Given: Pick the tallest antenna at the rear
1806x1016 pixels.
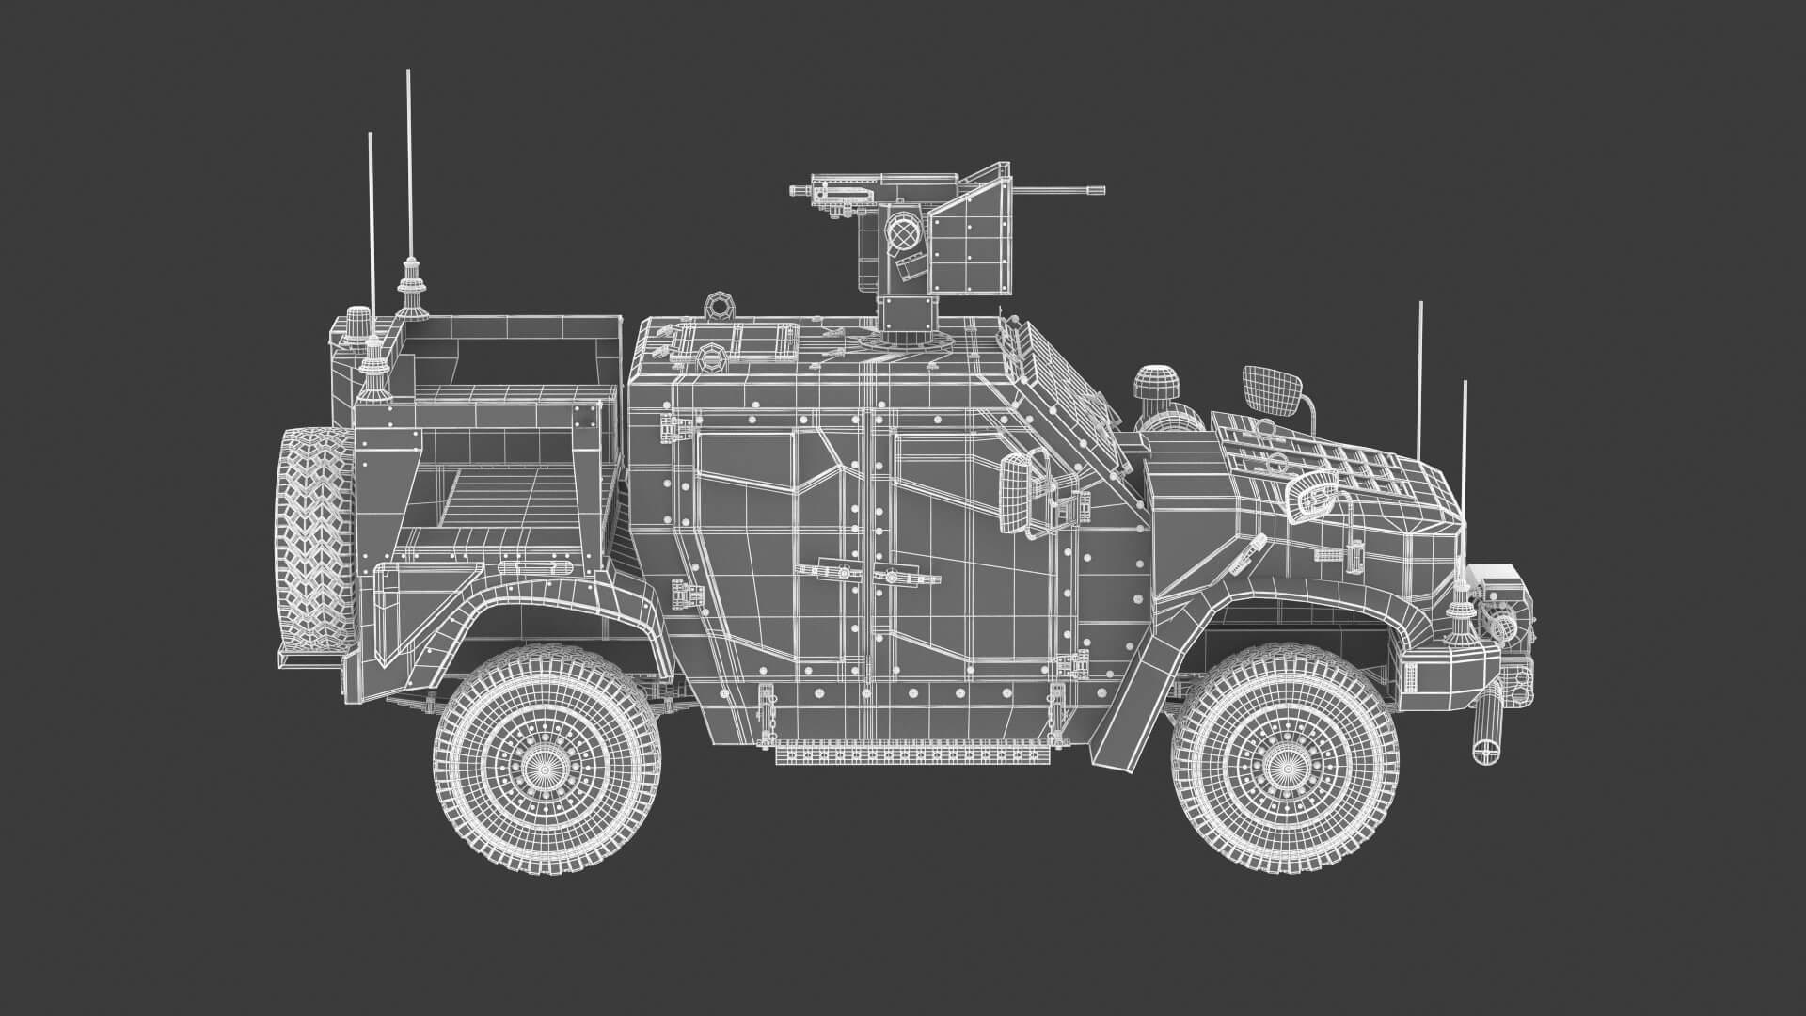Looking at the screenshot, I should pos(408,169).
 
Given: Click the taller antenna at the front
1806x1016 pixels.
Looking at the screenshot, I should pos(1420,395).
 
